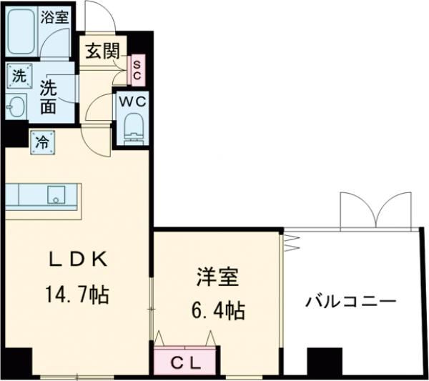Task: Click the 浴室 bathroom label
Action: pyautogui.click(x=54, y=17)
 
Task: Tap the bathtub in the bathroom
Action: pyautogui.click(x=22, y=32)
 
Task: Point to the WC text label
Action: pyautogui.click(x=132, y=101)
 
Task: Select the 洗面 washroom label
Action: pyautogui.click(x=49, y=97)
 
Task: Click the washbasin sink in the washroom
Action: pyautogui.click(x=15, y=108)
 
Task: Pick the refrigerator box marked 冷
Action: pyautogui.click(x=41, y=140)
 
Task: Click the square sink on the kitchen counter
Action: pyautogui.click(x=55, y=194)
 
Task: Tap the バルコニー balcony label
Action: pyautogui.click(x=351, y=301)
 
